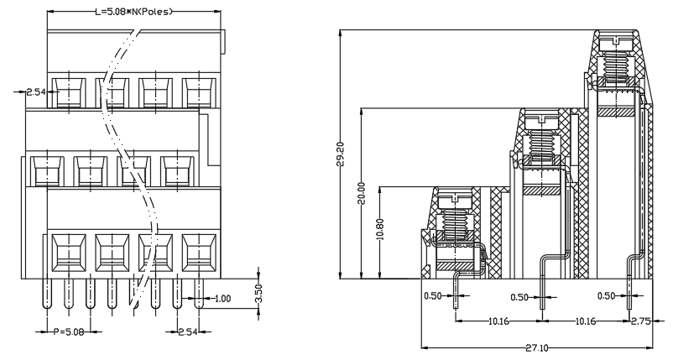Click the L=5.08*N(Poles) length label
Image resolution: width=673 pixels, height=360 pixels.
pyautogui.click(x=133, y=12)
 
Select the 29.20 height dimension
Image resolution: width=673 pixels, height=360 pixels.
pyautogui.click(x=342, y=154)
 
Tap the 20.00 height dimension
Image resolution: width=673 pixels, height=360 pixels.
pyautogui.click(x=363, y=193)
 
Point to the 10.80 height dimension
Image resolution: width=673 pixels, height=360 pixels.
pyautogui.click(x=380, y=230)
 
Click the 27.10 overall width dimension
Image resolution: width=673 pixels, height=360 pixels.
pyautogui.click(x=536, y=347)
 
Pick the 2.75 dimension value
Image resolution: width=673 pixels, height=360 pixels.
pyautogui.click(x=641, y=321)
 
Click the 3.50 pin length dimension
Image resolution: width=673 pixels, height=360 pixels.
pyautogui.click(x=258, y=294)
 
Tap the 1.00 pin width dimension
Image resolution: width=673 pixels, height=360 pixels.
pyautogui.click(x=222, y=298)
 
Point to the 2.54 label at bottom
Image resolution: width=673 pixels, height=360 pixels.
pyautogui.click(x=188, y=331)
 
